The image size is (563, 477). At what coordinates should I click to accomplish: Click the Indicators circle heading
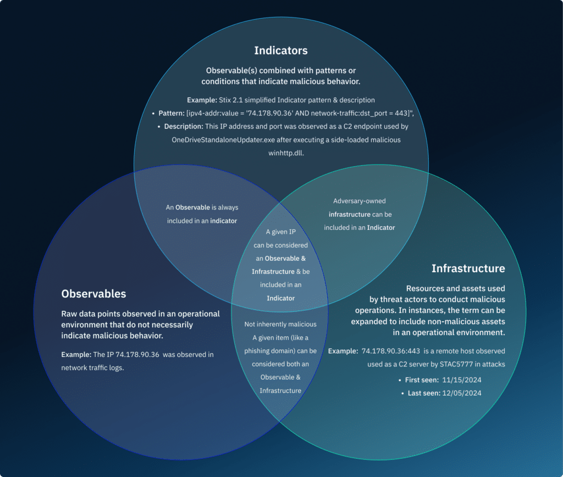[280, 51]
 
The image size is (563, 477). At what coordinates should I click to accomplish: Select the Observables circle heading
[93, 294]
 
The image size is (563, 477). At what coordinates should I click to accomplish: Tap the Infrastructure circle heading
[468, 268]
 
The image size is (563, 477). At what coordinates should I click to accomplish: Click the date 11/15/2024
[461, 380]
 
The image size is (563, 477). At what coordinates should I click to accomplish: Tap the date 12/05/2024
[462, 393]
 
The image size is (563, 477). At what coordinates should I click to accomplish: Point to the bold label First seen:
[423, 380]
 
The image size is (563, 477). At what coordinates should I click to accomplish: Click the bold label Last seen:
[423, 393]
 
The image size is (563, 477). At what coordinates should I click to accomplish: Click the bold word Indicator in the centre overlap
[281, 298]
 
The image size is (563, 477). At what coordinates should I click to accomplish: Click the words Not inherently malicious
[280, 325]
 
